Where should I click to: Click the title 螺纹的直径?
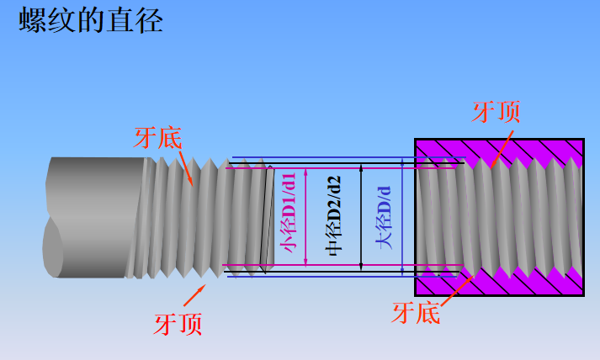point(90,20)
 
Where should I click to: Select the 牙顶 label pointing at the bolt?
point(178,324)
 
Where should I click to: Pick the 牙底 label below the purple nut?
point(416,314)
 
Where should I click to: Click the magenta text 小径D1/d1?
point(289,217)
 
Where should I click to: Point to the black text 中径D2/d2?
point(333,217)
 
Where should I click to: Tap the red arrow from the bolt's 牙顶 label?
point(195,294)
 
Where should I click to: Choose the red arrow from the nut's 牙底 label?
point(450,286)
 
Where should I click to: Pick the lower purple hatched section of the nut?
point(522,282)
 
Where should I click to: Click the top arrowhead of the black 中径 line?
point(361,168)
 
